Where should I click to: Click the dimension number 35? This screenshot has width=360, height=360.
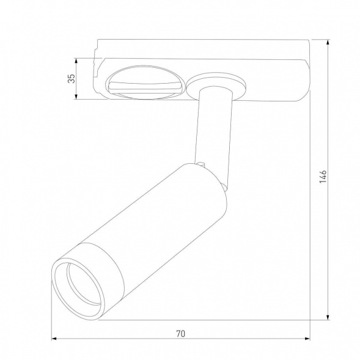(71, 78)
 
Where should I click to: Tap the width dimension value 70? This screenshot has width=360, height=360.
(180, 334)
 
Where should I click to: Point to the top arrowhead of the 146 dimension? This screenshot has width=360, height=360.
(329, 41)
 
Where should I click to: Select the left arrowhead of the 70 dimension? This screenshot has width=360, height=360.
(54, 340)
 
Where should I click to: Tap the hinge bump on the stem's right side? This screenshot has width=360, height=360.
(228, 177)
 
